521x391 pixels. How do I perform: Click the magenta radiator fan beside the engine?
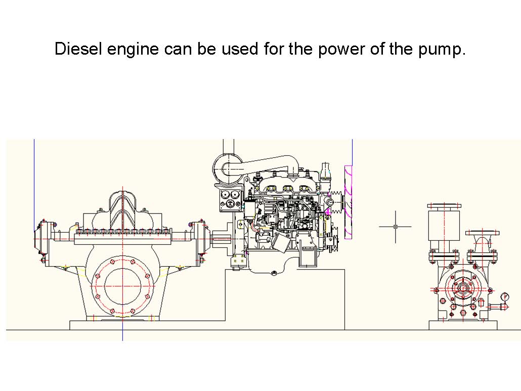348,201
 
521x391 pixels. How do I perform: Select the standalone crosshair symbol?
395,226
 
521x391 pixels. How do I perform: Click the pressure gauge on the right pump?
504,297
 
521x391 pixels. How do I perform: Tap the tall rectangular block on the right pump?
443,226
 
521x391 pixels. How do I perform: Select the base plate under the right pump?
463,325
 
